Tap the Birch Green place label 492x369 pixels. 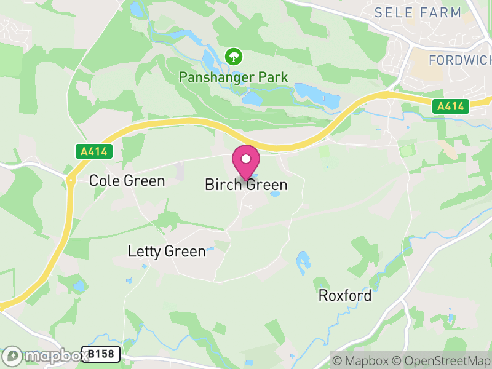coord(246,184)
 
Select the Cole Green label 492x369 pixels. coord(127,180)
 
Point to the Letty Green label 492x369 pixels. coord(167,251)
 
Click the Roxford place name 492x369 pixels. coord(344,296)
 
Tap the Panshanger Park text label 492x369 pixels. coord(234,77)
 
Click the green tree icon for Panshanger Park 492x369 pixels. coord(234,57)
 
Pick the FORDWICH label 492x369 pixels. coord(460,60)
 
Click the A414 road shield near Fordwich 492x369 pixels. coord(451,106)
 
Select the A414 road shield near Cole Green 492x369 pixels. coord(95,151)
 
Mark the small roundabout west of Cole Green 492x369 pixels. coord(71,180)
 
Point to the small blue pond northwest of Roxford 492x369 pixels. coord(303,262)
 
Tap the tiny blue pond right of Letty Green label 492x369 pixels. coord(211,250)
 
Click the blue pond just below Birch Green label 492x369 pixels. coord(275,194)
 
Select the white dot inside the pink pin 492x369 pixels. coord(246,159)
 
